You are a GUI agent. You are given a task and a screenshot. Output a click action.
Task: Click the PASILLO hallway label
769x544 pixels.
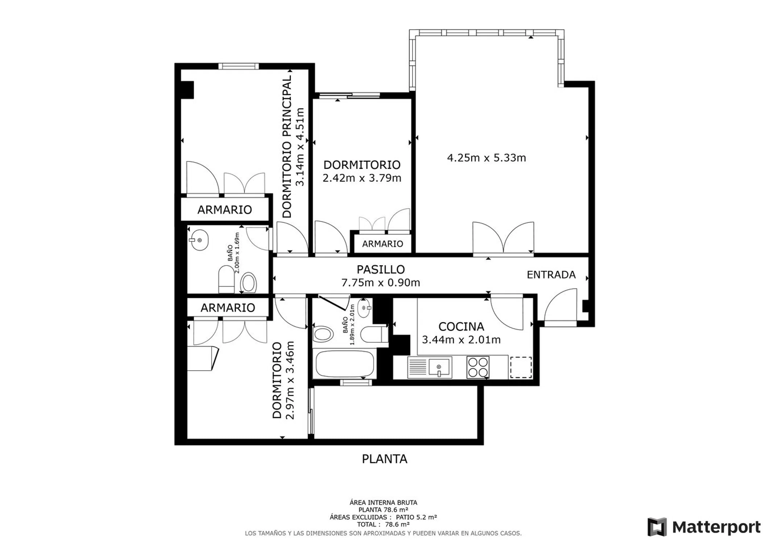pyautogui.click(x=380, y=269)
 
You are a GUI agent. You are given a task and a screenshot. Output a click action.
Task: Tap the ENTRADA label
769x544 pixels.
pyautogui.click(x=551, y=275)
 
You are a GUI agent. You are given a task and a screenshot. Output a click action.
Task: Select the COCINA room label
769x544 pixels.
pyautogui.click(x=461, y=327)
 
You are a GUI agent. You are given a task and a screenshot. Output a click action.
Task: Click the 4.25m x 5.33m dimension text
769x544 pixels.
pyautogui.click(x=486, y=158)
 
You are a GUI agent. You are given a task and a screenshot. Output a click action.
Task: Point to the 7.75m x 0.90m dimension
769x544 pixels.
pyautogui.click(x=381, y=283)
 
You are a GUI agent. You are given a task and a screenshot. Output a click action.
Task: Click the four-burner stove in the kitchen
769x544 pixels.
pyautogui.click(x=478, y=367)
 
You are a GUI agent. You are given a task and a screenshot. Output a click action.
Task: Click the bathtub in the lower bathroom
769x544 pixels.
pyautogui.click(x=345, y=364)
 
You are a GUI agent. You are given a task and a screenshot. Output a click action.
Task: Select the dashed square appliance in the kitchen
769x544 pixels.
pyautogui.click(x=521, y=367)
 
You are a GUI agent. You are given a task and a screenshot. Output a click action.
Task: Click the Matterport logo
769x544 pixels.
pyautogui.click(x=704, y=527)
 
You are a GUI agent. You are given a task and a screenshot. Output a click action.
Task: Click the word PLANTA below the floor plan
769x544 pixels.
pyautogui.click(x=384, y=459)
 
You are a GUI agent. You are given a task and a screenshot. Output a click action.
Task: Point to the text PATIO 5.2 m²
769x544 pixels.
pyautogui.click(x=416, y=517)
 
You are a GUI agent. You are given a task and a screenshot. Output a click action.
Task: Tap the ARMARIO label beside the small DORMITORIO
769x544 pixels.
pyautogui.click(x=383, y=244)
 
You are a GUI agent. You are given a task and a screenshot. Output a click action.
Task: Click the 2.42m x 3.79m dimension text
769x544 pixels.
pyautogui.click(x=362, y=178)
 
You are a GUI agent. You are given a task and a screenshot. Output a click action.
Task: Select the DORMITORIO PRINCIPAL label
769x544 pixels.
pyautogui.click(x=287, y=147)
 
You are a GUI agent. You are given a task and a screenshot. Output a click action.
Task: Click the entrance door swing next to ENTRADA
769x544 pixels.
pyautogui.click(x=560, y=305)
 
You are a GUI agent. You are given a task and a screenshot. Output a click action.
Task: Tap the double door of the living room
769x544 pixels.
pyautogui.click(x=503, y=238)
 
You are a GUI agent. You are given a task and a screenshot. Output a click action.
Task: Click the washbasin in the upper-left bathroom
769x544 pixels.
pyautogui.click(x=199, y=240)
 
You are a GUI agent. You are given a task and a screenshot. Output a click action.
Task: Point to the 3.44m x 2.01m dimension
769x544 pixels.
pyautogui.click(x=461, y=340)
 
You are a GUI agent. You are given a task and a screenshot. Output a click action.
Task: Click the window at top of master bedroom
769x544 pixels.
pyautogui.click(x=239, y=66)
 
